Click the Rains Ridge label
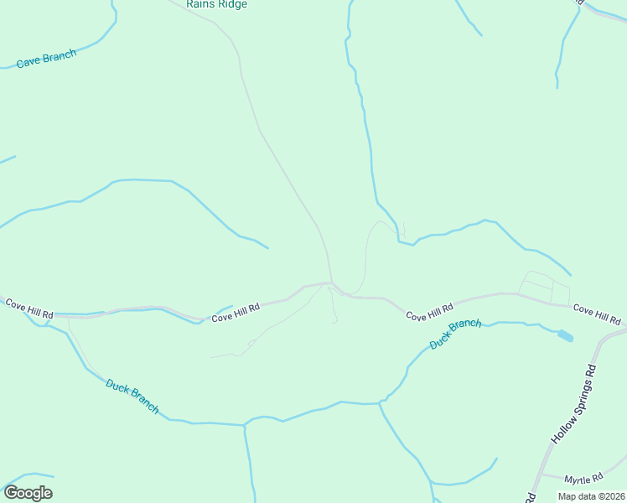click(217, 4)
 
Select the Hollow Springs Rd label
click(573, 404)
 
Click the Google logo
click(28, 493)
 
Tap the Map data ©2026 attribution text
click(592, 496)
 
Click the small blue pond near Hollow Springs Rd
click(566, 336)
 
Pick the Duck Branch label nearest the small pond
click(455, 334)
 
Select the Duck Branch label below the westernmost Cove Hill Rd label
click(132, 396)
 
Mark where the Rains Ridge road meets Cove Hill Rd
click(332, 283)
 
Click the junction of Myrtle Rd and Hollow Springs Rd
click(541, 474)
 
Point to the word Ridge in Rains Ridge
click(232, 4)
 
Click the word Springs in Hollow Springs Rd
click(574, 403)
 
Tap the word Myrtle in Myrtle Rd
click(578, 480)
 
